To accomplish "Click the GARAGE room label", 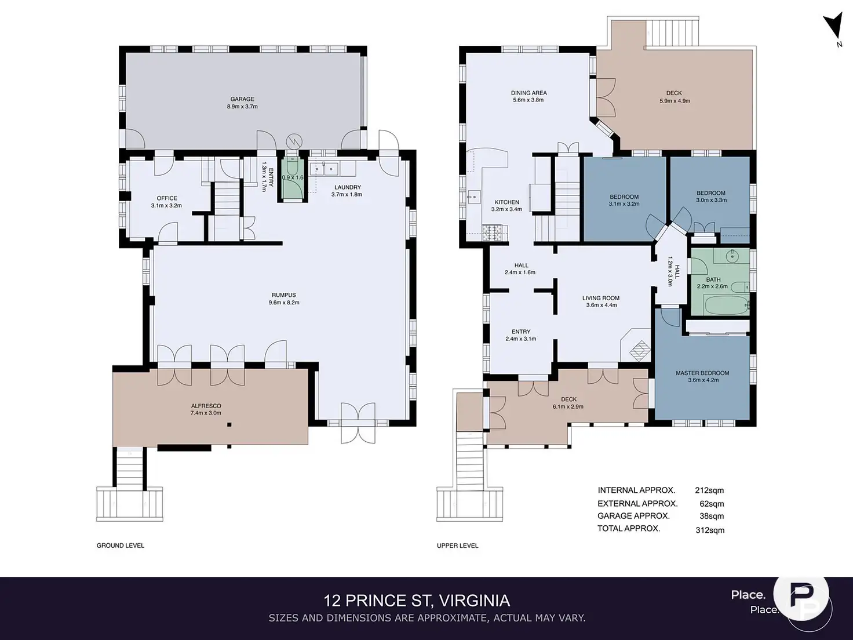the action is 242,99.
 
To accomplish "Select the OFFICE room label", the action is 167,198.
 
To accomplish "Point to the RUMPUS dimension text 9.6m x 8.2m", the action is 284,303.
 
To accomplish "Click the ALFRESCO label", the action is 206,406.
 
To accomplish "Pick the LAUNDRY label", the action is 347,187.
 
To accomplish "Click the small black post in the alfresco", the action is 229,425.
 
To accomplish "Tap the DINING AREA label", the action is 528,93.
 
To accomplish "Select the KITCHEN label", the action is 506,202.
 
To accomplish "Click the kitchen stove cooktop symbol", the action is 492,232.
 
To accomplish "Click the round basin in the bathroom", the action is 732,256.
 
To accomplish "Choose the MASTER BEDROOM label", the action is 702,373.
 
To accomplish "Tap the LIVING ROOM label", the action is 601,298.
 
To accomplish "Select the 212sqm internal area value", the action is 709,490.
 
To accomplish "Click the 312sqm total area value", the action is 710,530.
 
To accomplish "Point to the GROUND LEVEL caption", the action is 121,546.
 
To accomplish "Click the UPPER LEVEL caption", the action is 457,546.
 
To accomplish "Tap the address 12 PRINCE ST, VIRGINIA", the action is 417,601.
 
